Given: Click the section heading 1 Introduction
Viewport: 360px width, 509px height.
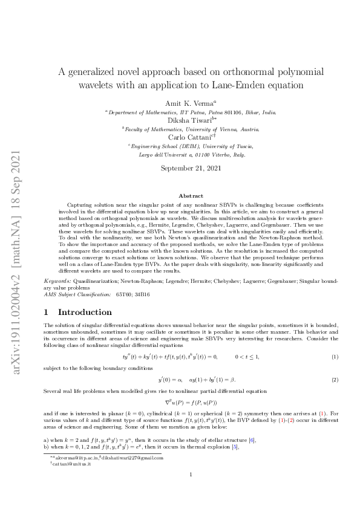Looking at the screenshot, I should click(78, 312).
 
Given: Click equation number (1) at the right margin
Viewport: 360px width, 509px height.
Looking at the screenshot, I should click(335, 357).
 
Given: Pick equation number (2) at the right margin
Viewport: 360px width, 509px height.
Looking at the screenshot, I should click(335, 379).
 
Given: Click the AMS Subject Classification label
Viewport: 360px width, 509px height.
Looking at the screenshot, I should click(76, 294).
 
